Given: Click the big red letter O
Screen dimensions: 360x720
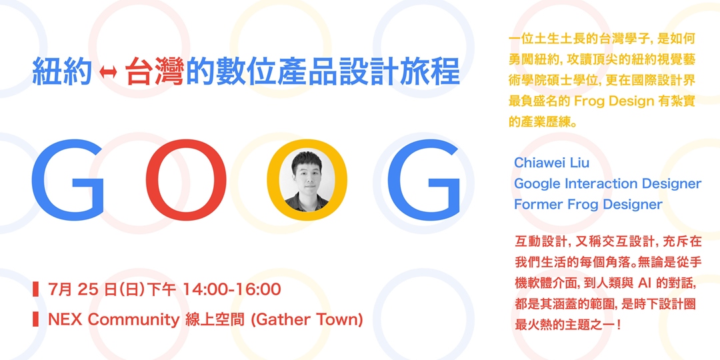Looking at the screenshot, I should click(x=181, y=181).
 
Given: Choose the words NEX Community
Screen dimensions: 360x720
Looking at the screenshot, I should click(x=114, y=319).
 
